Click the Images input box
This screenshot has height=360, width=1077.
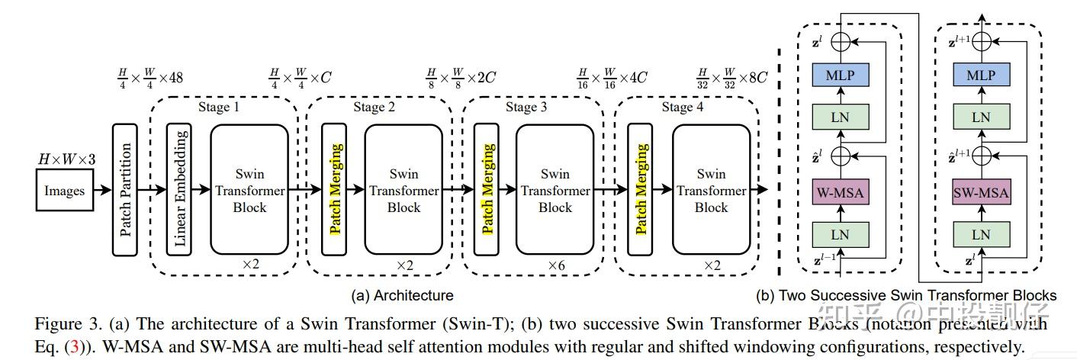(64, 191)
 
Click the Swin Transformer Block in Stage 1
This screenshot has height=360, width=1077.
(249, 189)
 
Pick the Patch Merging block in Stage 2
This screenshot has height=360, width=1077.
(334, 188)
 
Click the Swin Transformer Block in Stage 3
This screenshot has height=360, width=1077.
(555, 189)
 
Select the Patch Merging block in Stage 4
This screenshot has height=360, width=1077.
(640, 188)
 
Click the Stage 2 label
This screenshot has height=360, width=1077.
(374, 108)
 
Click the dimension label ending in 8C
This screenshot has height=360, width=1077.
(731, 77)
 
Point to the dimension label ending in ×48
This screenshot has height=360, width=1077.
(149, 77)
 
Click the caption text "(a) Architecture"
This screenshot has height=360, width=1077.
(402, 295)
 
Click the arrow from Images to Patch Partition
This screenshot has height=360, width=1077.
(101, 191)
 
